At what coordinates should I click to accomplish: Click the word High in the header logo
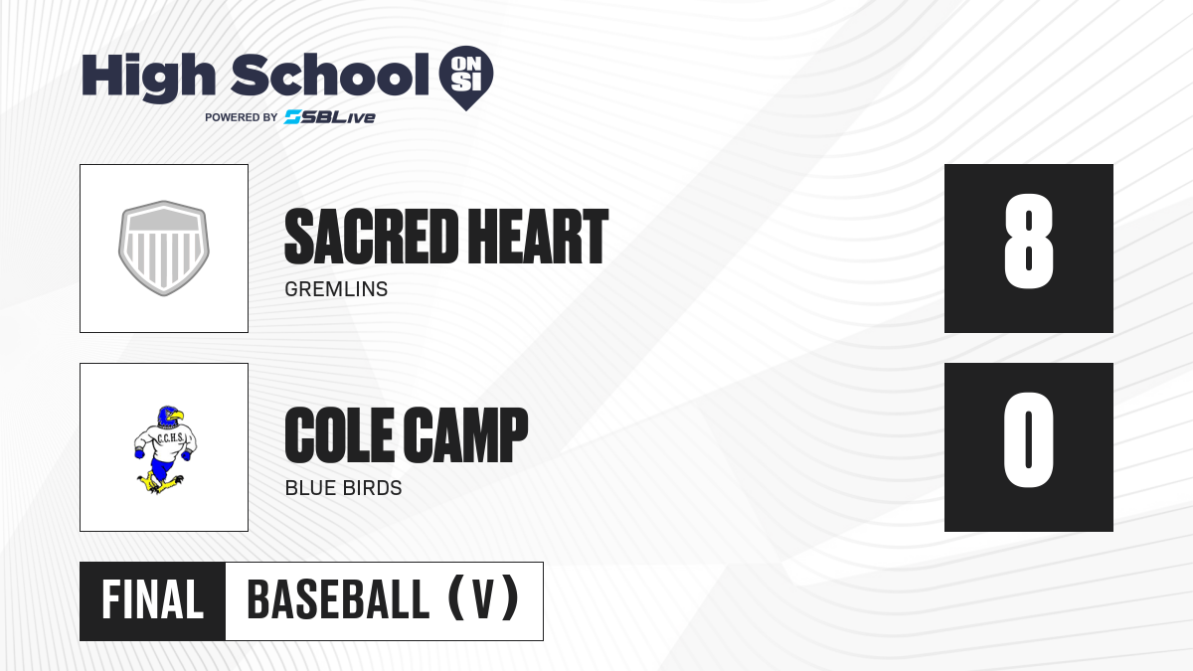[149, 78]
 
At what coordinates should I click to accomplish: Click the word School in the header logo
[330, 75]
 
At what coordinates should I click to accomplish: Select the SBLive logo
[330, 117]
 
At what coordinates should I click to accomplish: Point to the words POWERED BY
[242, 117]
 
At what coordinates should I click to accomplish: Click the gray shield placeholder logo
[164, 249]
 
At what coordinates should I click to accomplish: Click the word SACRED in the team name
[371, 237]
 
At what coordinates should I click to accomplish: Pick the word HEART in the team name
[538, 237]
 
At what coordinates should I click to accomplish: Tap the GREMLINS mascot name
[336, 289]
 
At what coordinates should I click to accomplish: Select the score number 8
[1028, 242]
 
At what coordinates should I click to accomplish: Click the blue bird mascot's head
[170, 417]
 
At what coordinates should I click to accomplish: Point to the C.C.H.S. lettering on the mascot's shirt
[170, 438]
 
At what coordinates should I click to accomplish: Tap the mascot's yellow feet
[160, 483]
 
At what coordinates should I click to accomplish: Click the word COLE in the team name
[341, 434]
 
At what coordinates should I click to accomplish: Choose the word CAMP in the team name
[466, 434]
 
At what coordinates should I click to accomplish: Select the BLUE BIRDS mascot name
[344, 488]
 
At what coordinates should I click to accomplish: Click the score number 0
[1028, 439]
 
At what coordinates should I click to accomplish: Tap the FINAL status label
[153, 600]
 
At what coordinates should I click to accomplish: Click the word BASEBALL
[338, 600]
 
